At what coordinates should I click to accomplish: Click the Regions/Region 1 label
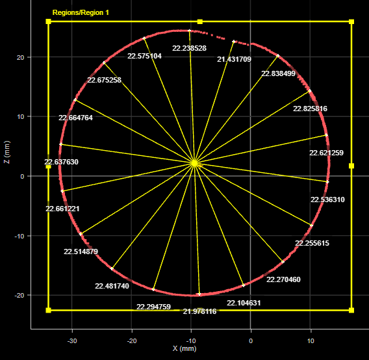(81, 12)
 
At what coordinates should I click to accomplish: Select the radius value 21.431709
(234, 59)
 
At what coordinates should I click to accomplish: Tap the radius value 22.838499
(278, 73)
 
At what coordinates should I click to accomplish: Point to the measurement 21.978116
(200, 311)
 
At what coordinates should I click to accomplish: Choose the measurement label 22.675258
(104, 80)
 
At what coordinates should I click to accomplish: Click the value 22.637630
(61, 162)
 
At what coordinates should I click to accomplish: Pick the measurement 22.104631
(244, 303)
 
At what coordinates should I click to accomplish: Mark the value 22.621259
(326, 153)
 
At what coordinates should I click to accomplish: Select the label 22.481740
(112, 286)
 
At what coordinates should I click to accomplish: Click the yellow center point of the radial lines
(194, 163)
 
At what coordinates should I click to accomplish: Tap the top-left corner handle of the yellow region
(48, 21)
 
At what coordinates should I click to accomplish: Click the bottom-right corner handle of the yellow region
(351, 311)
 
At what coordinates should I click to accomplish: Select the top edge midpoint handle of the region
(200, 21)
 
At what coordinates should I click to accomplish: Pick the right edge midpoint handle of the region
(351, 166)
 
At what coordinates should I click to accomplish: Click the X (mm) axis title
(184, 348)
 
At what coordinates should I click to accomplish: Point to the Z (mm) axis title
(7, 152)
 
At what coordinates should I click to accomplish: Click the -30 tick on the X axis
(72, 341)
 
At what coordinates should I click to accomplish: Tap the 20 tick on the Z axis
(21, 57)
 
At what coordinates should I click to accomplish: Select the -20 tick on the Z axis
(19, 295)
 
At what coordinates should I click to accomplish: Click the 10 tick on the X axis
(311, 341)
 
